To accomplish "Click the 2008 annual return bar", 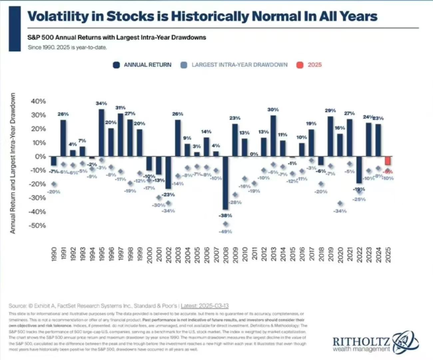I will coord(225,183).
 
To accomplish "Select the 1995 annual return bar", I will coord(101,133).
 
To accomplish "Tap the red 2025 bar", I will coord(387,161).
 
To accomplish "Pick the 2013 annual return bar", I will coord(273,136).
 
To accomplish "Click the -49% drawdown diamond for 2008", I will coord(225,224).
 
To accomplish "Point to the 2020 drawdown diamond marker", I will coord(340,203).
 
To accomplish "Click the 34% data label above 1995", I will coord(101,104).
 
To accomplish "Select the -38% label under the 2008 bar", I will coord(226,215).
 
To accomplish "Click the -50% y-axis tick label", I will coord(37,225).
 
